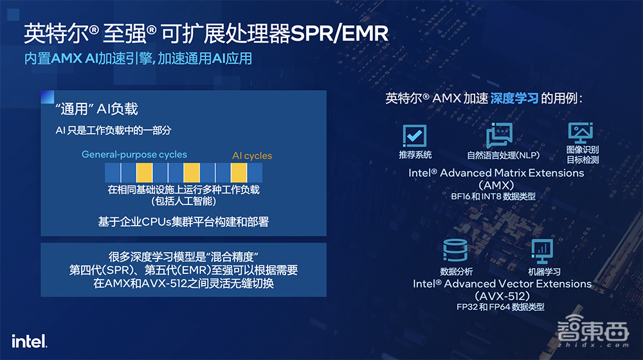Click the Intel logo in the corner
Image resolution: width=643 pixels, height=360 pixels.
tap(29, 340)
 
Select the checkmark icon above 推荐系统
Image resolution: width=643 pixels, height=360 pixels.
tap(415, 135)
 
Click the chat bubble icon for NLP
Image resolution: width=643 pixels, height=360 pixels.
tap(499, 135)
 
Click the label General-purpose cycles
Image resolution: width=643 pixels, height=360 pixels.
tap(134, 154)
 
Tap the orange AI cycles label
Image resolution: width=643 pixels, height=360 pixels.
tap(252, 156)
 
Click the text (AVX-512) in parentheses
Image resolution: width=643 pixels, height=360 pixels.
tap(502, 296)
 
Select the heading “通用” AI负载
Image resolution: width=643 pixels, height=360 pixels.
tap(97, 109)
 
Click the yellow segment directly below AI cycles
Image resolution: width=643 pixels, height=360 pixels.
tap(239, 172)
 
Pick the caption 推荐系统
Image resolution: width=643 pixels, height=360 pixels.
tap(415, 155)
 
